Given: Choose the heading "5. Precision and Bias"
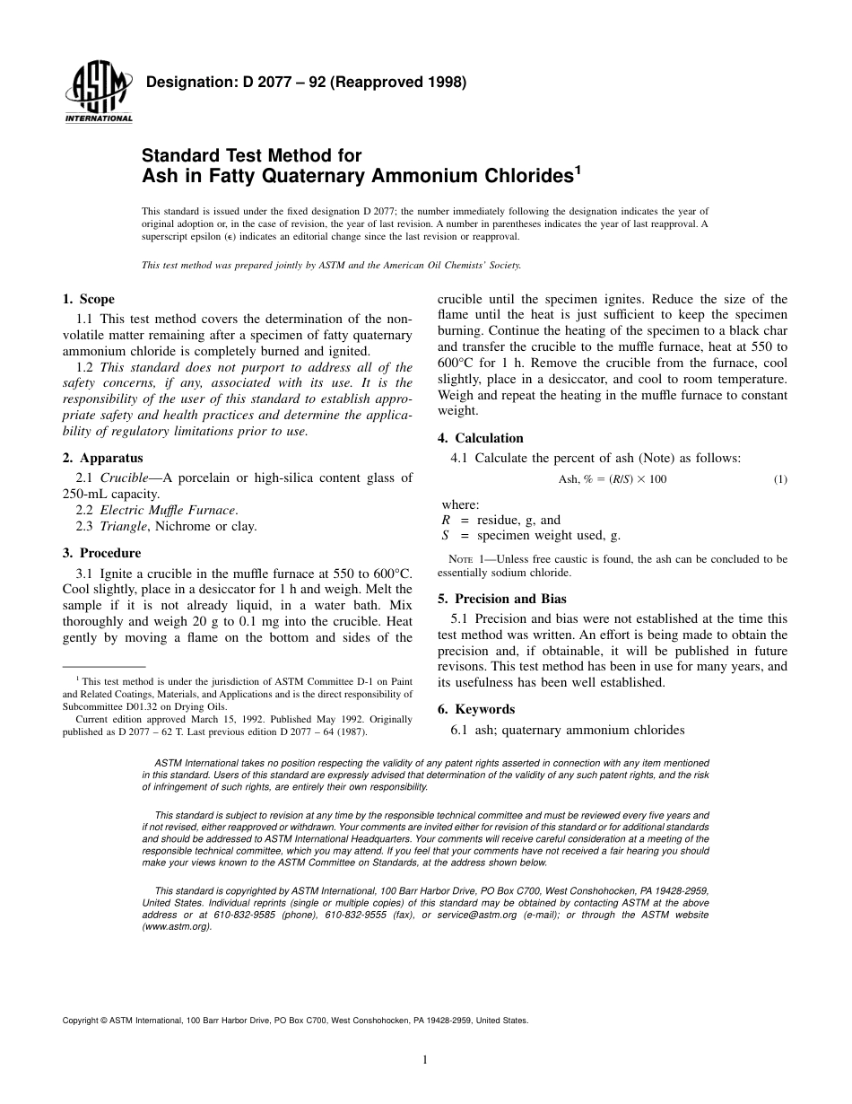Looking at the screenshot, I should coord(501,599).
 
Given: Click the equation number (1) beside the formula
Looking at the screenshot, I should coord(780,479).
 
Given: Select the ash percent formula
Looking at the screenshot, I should coord(613,479).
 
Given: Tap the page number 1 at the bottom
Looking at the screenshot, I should coord(425,1060).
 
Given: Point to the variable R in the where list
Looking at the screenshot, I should coord(446,520).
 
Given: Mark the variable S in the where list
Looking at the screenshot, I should coord(446,536).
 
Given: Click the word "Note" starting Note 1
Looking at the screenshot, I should coord(461,559).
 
